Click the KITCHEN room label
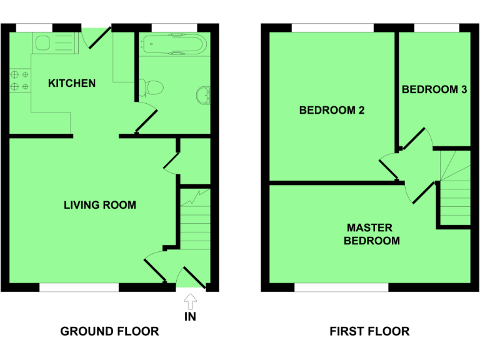pos(72,83)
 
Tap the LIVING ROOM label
pos(100,204)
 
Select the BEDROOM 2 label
pos(332,111)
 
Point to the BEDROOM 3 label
pos(434,89)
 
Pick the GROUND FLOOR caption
pos(109,331)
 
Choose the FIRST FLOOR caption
pos(369,331)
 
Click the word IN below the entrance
pos(191,317)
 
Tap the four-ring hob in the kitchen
pos(19,81)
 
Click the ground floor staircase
pos(197,219)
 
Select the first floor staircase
pos(452,187)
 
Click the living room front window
pos(79,287)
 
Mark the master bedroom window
pos(341,287)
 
